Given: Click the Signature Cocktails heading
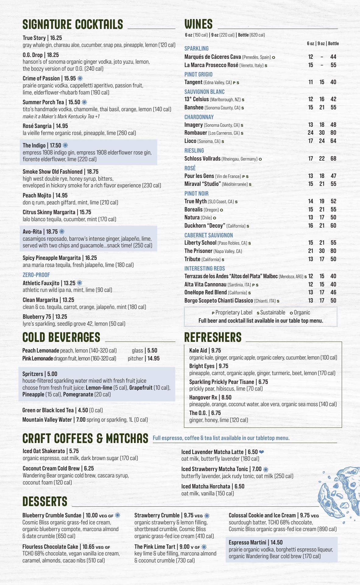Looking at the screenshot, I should click(73, 24).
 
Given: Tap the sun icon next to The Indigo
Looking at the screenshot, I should click(65, 145).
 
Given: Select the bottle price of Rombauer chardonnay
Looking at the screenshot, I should click(333, 133).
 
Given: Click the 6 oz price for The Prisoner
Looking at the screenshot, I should click(311, 251).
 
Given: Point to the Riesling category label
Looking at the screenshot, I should click(194, 151).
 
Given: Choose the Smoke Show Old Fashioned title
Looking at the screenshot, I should click(61, 172).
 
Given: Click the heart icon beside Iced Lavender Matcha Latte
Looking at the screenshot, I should click(262, 452).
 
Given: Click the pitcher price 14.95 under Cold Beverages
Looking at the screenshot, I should click(153, 359).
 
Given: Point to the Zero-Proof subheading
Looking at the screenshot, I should click(36, 275).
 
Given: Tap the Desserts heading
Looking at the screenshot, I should click(45, 502).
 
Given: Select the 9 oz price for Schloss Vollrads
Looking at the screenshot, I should click(322, 158).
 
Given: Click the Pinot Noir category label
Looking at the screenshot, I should click(196, 193).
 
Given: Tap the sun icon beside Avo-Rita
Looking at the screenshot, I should click(62, 232).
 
